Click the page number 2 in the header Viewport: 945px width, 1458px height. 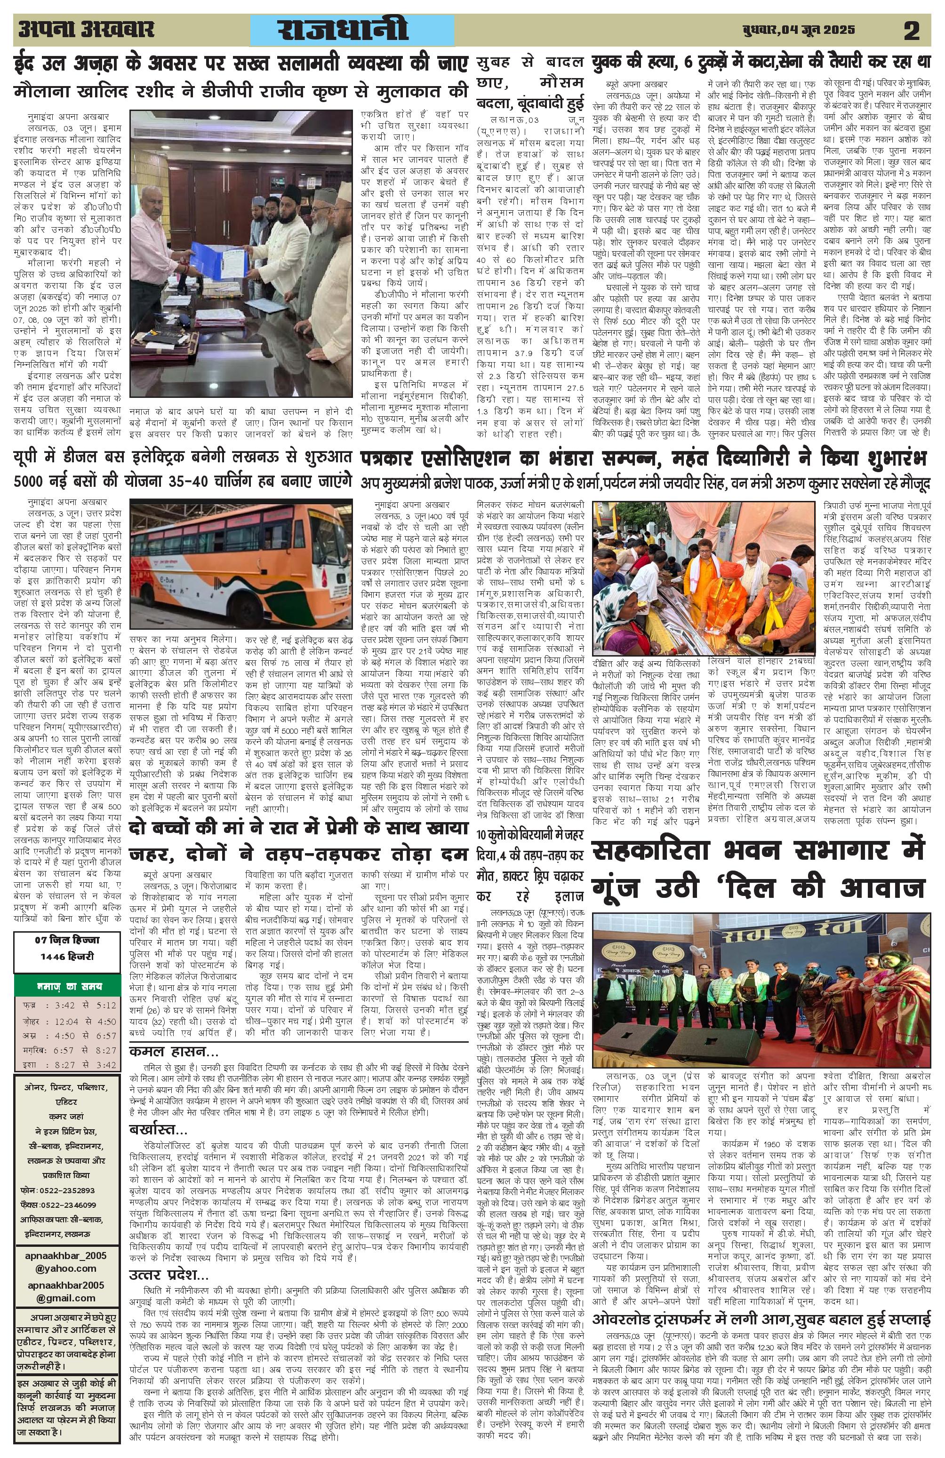(x=911, y=30)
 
